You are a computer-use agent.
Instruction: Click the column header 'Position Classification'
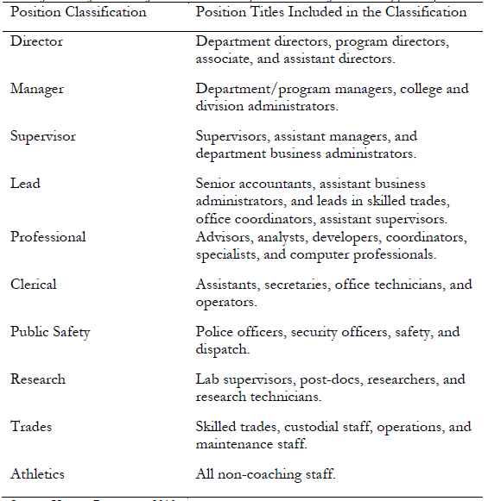coord(77,13)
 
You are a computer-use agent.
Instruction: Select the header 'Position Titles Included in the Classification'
coord(332,13)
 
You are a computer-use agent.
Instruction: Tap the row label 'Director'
coord(36,41)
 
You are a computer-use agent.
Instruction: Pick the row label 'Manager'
coord(37,89)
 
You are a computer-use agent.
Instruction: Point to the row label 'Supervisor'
coord(43,136)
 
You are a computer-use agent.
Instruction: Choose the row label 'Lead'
coord(25,184)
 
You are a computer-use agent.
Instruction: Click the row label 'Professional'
coord(48,237)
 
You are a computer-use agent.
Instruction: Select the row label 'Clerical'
coord(34,284)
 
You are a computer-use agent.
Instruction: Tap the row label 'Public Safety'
coord(50,332)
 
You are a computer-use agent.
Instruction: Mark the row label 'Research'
coord(38,379)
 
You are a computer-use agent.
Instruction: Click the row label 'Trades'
coord(31,427)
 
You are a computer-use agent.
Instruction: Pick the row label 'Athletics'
coord(37,473)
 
